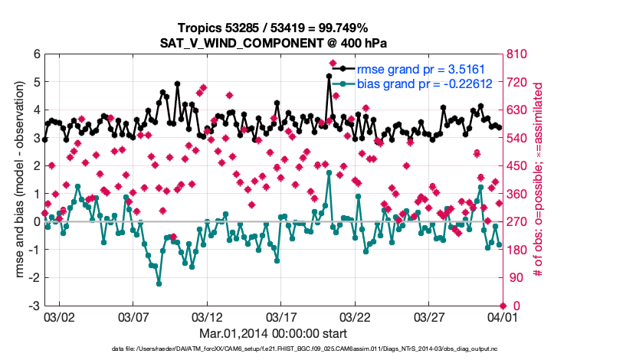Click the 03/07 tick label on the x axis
pos(133,316)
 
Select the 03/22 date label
pos(355,316)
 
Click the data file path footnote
pos(317,349)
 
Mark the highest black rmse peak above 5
pos(329,76)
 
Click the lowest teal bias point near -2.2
pos(159,283)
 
